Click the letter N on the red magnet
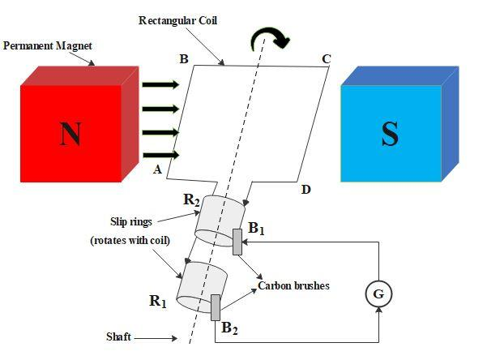[x=70, y=135]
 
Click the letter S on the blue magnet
[x=390, y=134]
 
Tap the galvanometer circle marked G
[x=378, y=294]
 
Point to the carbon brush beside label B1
[x=237, y=242]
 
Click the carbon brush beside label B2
[x=216, y=308]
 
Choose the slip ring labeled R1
[x=199, y=285]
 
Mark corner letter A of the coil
[x=159, y=168]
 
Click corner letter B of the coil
[x=184, y=59]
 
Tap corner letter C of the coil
[x=327, y=59]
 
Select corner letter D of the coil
[x=305, y=190]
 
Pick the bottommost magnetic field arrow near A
[x=159, y=153]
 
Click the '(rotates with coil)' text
[x=130, y=241]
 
